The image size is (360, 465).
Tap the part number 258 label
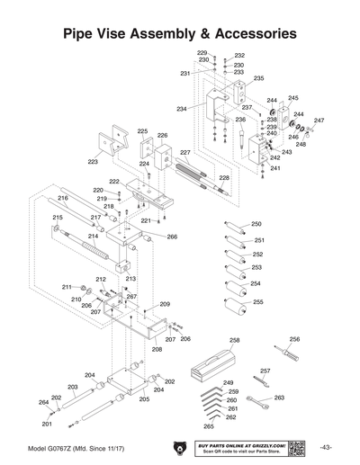[x=236, y=340]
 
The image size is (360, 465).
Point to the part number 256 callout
[x=294, y=339]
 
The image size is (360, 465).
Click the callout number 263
[x=279, y=397]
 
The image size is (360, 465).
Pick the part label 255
[x=259, y=302]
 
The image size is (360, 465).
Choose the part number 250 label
[x=256, y=223]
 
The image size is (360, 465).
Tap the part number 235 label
[x=258, y=78]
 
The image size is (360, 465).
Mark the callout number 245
[x=293, y=97]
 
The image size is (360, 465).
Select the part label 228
[x=224, y=178]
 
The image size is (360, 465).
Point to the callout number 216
[x=63, y=198]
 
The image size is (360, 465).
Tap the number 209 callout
[x=165, y=305]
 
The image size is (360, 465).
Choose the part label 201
[x=47, y=424]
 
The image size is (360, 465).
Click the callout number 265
[x=209, y=425]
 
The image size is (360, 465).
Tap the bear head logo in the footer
[x=178, y=447]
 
